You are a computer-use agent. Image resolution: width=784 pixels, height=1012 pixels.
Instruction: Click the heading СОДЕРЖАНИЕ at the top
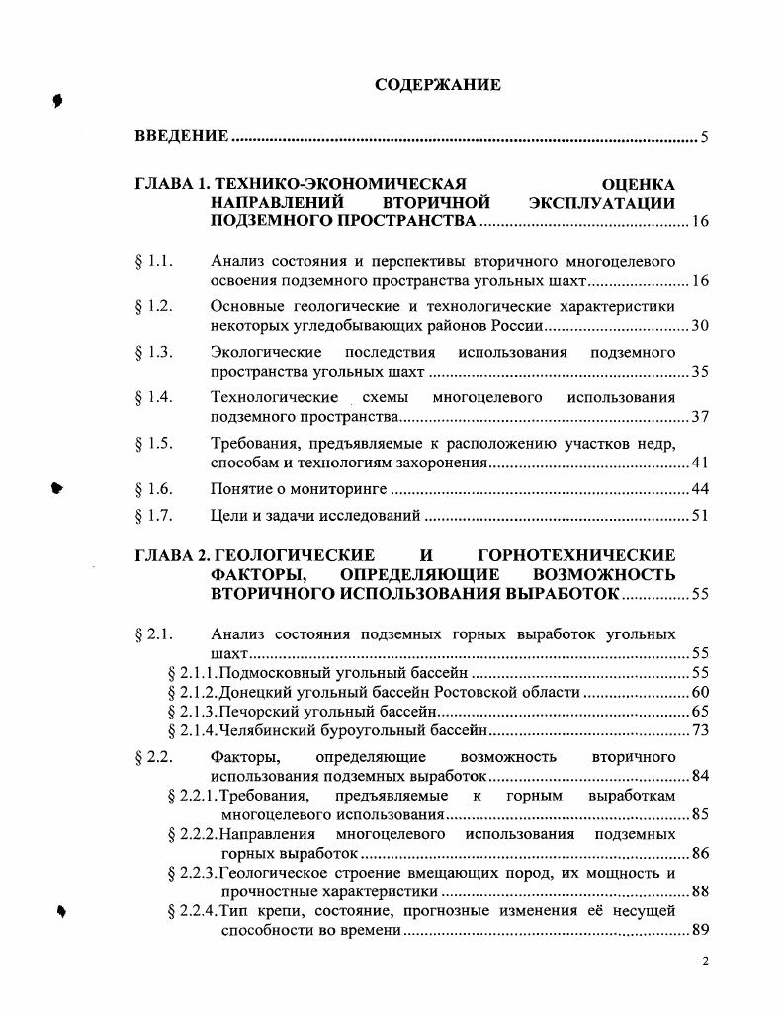[x=438, y=85]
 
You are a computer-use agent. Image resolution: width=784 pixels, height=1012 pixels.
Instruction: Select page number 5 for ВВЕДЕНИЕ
[x=703, y=137]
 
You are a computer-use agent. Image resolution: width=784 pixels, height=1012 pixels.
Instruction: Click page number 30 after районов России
[x=699, y=326]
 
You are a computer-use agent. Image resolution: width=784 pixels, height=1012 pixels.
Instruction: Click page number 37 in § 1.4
[x=699, y=417]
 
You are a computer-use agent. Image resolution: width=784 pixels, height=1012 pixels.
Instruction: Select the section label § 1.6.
[x=153, y=489]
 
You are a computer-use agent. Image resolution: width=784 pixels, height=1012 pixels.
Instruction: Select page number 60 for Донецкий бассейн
[x=699, y=692]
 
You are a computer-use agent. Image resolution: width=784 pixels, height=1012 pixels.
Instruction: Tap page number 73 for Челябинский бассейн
[x=699, y=731]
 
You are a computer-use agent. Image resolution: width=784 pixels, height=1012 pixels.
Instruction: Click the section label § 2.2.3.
[x=192, y=873]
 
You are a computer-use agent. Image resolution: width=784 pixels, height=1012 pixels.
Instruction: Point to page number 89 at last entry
[x=699, y=931]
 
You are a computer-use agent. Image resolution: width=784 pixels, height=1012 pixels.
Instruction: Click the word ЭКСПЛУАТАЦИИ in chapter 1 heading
[x=602, y=203]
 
